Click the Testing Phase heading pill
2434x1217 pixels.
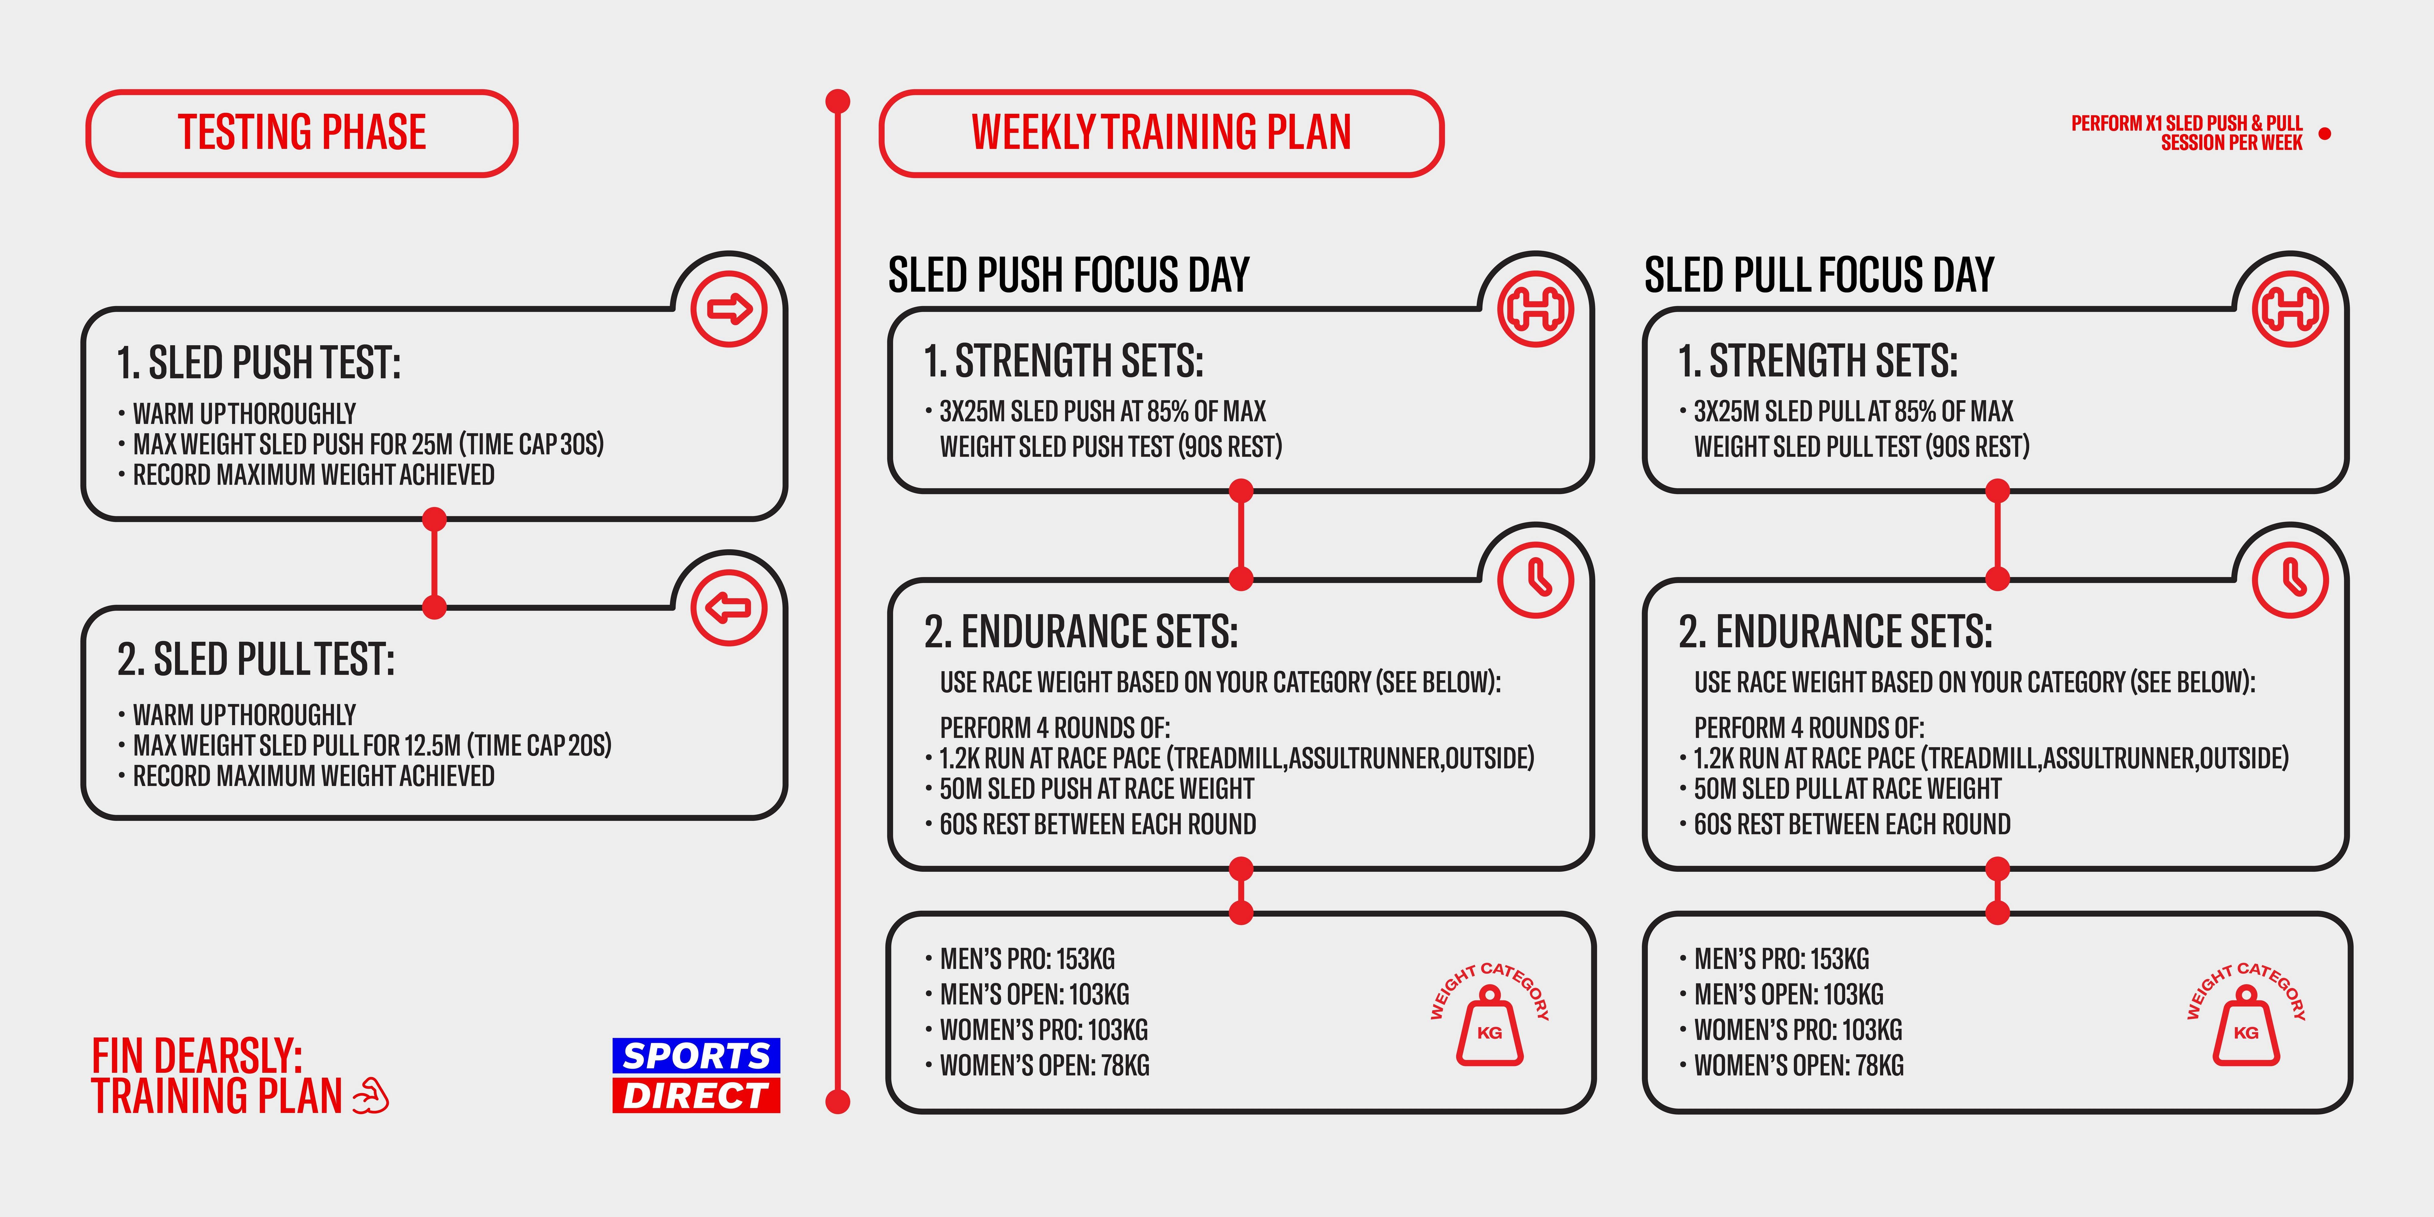pyautogui.click(x=302, y=133)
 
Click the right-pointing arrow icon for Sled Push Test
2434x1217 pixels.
pyautogui.click(x=728, y=309)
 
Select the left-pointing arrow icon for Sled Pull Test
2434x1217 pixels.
pyautogui.click(x=728, y=608)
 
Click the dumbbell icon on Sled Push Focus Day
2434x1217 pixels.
pyautogui.click(x=1536, y=309)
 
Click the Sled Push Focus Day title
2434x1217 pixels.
pyautogui.click(x=1069, y=275)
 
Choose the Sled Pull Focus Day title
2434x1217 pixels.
pyautogui.click(x=1819, y=275)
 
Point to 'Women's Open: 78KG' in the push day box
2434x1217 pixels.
pyautogui.click(x=1044, y=1066)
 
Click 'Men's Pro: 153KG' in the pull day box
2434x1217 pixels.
pyautogui.click(x=1781, y=959)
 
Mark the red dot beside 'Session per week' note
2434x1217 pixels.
pyautogui.click(x=2325, y=134)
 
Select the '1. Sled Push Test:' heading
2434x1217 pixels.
pyautogui.click(x=259, y=363)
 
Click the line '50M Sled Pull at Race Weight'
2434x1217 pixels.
pyautogui.click(x=1847, y=789)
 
